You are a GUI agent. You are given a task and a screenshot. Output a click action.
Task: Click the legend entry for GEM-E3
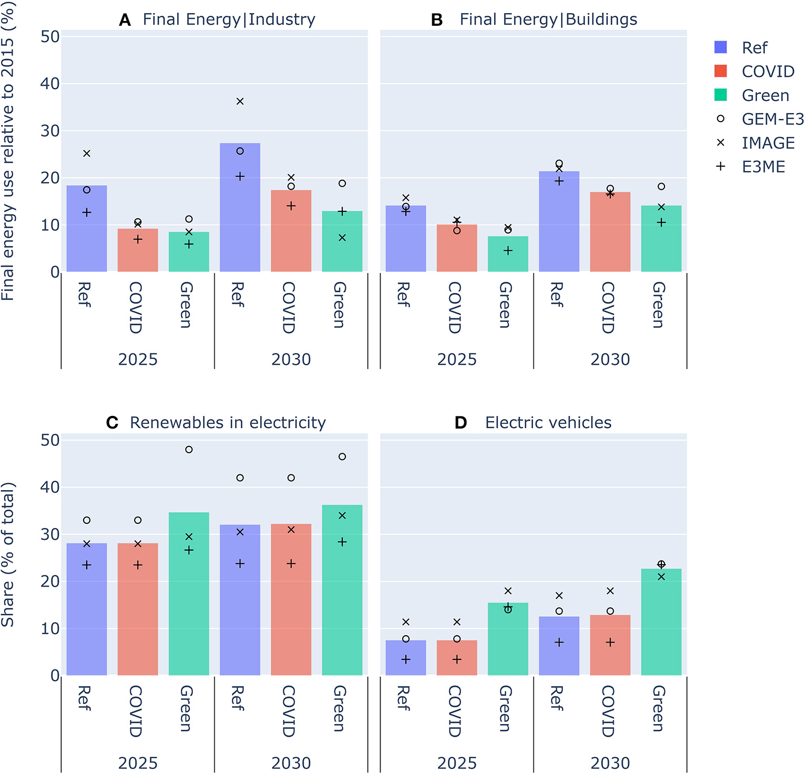[x=772, y=119]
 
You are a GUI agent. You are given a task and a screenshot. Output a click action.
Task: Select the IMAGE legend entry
[x=768, y=143]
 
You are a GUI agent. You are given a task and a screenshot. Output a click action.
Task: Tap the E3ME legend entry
[x=763, y=167]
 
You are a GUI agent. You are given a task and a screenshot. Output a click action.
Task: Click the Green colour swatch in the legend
[x=721, y=95]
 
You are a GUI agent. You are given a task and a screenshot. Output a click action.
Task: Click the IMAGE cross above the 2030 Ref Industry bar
[x=240, y=101]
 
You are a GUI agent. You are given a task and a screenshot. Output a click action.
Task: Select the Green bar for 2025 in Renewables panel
[x=189, y=594]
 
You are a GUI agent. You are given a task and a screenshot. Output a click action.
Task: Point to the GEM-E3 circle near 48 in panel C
[x=189, y=450]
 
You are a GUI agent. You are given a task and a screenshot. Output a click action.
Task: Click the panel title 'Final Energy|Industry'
[x=229, y=19]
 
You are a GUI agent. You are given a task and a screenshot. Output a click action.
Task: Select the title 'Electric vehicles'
[x=548, y=423]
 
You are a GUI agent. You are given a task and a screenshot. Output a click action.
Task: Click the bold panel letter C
[x=112, y=423]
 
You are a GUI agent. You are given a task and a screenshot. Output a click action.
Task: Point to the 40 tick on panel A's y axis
[x=50, y=84]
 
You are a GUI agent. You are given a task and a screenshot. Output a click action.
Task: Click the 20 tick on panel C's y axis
[x=50, y=582]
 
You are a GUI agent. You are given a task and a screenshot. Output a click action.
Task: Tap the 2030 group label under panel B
[x=610, y=360]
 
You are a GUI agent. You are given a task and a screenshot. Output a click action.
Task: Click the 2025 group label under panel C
[x=138, y=763]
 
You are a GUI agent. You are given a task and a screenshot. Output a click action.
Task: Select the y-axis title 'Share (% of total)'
[x=8, y=555]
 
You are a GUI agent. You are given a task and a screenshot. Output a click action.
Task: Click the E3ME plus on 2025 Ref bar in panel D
[x=406, y=659]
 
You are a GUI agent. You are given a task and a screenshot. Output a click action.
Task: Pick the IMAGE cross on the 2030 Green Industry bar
[x=342, y=238]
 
